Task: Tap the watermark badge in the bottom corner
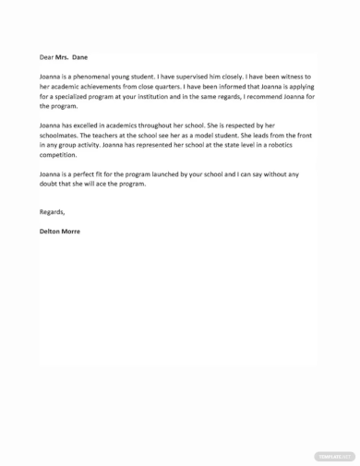point(335,455)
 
